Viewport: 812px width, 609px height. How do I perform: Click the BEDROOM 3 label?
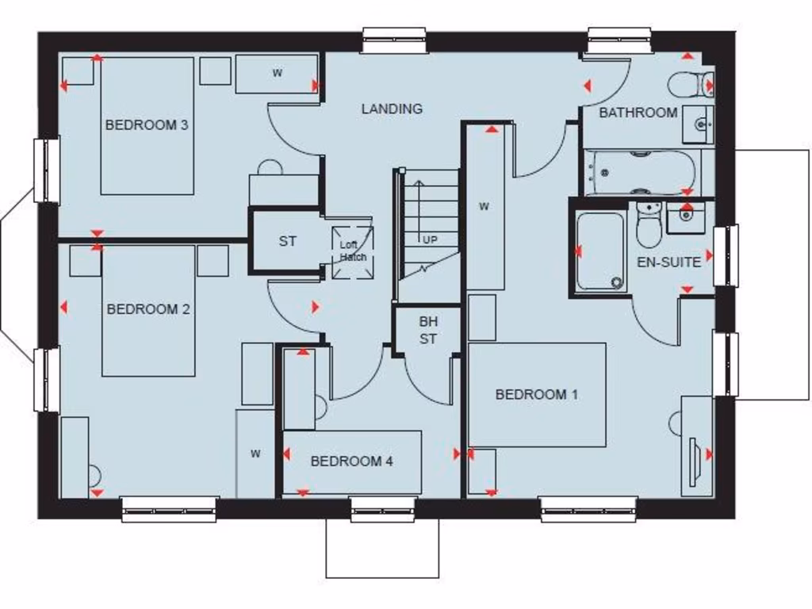click(147, 124)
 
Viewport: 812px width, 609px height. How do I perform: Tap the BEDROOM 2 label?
click(148, 309)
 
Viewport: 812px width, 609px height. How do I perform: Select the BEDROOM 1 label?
click(537, 394)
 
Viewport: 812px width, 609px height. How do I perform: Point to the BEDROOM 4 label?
click(351, 461)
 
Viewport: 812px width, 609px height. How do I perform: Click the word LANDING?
click(392, 109)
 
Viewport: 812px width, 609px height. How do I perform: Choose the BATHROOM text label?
click(638, 113)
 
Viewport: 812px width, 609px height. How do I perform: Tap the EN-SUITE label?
click(669, 262)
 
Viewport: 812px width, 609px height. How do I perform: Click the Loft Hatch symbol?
click(353, 252)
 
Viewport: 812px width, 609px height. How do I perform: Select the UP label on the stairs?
click(430, 239)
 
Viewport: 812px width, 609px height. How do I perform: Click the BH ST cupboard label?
click(428, 331)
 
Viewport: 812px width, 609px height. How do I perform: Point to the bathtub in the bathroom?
click(641, 172)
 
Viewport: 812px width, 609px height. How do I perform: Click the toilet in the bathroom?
click(689, 83)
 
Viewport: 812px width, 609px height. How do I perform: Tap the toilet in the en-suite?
click(649, 226)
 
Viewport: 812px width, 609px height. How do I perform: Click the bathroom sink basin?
click(699, 124)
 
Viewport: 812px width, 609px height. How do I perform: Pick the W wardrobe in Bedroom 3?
click(277, 74)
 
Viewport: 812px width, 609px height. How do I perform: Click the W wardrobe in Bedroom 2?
click(255, 454)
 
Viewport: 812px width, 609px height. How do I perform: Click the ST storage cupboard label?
click(287, 241)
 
